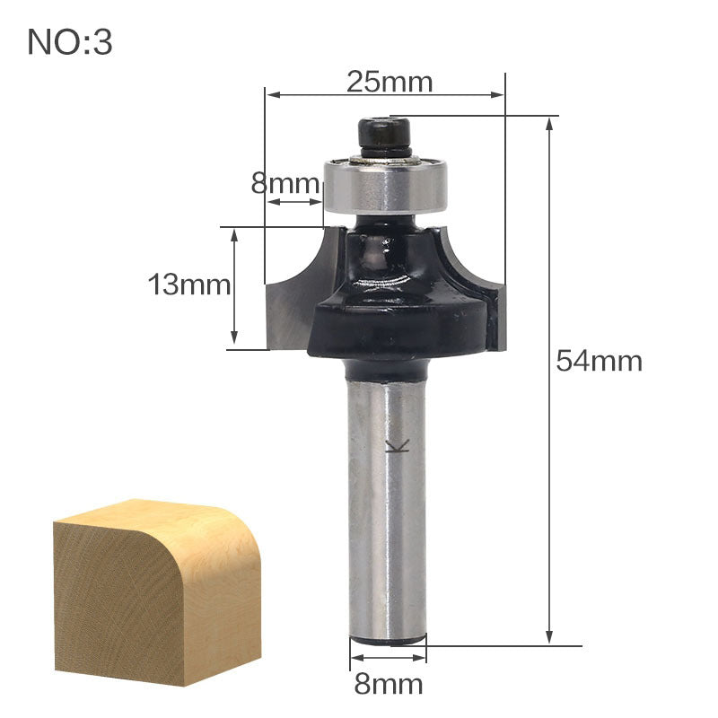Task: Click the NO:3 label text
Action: [70, 42]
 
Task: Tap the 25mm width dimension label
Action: [390, 82]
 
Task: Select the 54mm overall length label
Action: [600, 361]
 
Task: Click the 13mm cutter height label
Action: [189, 285]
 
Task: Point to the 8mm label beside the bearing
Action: [285, 184]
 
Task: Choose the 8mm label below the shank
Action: [388, 685]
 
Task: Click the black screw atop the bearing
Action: [385, 137]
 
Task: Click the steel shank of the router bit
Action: [387, 503]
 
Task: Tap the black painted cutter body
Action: [395, 323]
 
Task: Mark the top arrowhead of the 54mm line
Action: [549, 124]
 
